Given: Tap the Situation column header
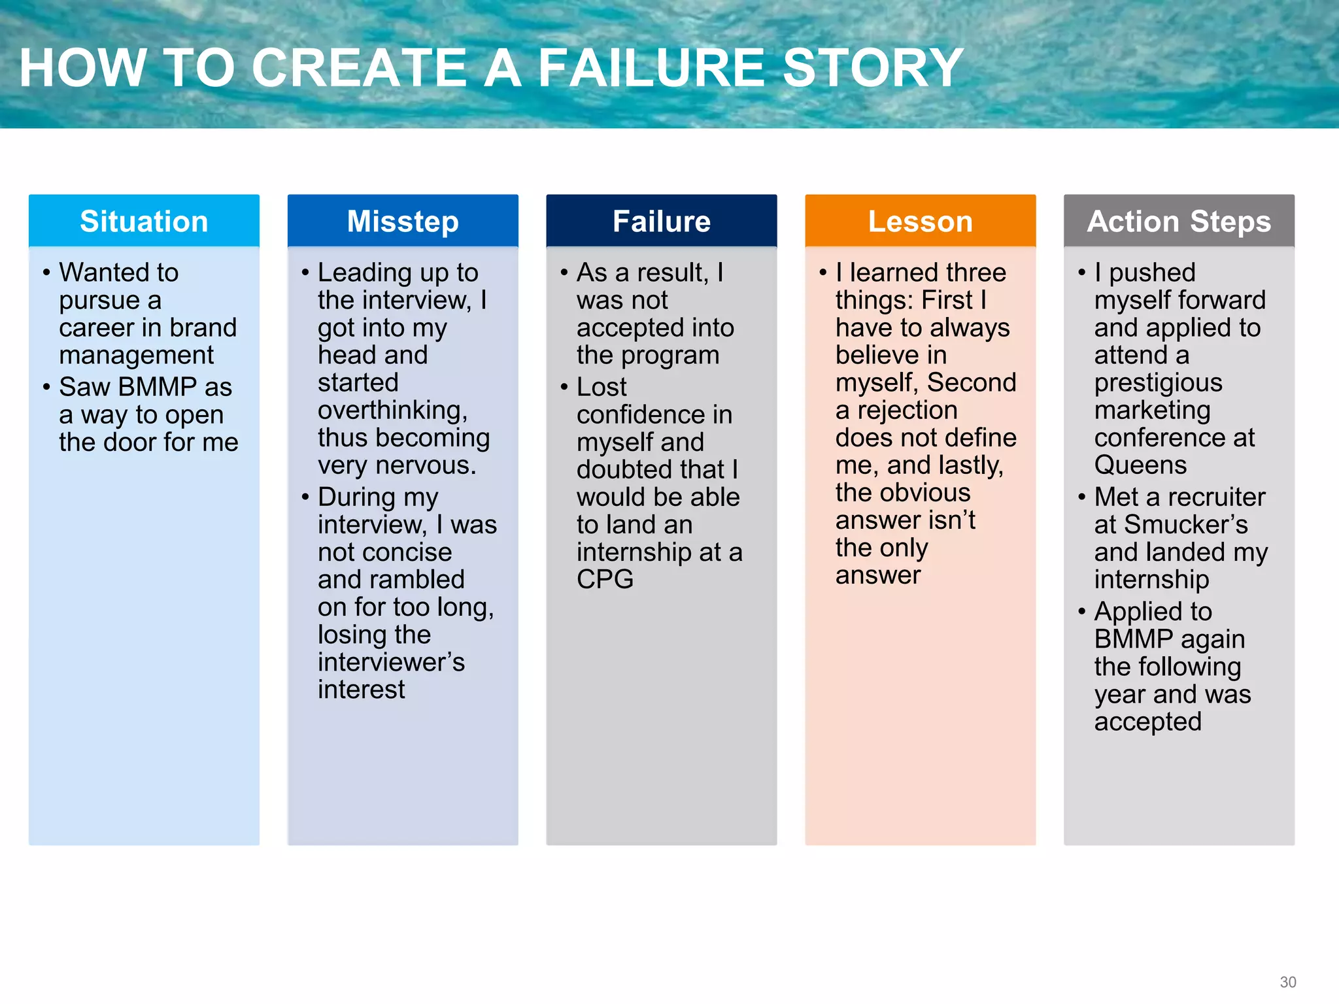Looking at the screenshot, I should point(144,222).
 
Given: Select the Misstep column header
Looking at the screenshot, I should point(403,222).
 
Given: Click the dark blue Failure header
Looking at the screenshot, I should point(662,222).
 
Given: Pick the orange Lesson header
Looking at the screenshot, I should point(920,222).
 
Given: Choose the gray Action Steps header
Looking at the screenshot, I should point(1179,222).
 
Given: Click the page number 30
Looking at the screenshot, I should point(1288,982).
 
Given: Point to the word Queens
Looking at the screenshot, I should point(1140,465).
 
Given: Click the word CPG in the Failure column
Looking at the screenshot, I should point(605,580).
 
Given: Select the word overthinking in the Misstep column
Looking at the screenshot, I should point(392,410).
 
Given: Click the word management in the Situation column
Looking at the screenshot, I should point(136,356).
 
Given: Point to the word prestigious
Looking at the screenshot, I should point(1158,383).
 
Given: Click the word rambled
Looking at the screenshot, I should point(424,580).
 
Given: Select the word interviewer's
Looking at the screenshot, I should point(391,662).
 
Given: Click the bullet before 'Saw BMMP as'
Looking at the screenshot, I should point(46,387).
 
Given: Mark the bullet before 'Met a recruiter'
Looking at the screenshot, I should point(1082,497).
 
